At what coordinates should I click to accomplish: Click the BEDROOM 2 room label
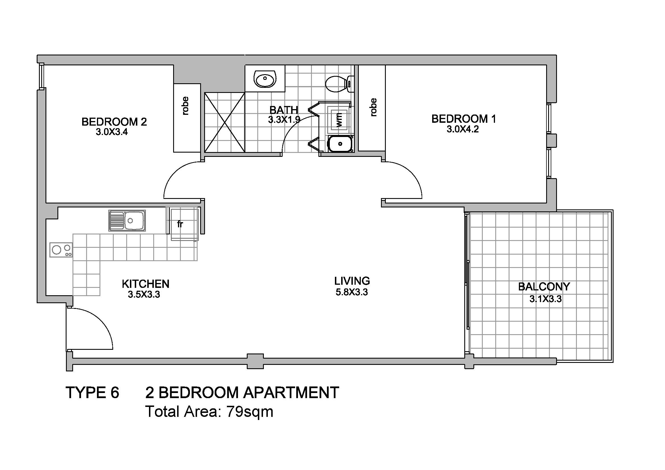pyautogui.click(x=114, y=122)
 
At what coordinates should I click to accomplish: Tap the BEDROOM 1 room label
pyautogui.click(x=464, y=119)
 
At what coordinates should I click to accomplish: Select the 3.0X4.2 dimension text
pyautogui.click(x=463, y=129)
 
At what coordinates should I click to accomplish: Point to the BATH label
pyautogui.click(x=283, y=110)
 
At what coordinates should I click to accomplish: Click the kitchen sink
pyautogui.click(x=127, y=221)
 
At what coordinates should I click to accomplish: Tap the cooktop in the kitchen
pyautogui.click(x=61, y=250)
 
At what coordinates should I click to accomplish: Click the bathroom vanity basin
pyautogui.click(x=265, y=78)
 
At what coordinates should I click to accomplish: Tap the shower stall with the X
pyautogui.click(x=225, y=122)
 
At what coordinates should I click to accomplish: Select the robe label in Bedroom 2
pyautogui.click(x=185, y=106)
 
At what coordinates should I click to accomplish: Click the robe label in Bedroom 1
pyautogui.click(x=374, y=107)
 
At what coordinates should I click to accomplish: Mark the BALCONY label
pyautogui.click(x=544, y=287)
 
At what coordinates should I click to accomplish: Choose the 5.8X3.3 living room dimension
pyautogui.click(x=352, y=292)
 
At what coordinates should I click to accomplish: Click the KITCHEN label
pyautogui.click(x=145, y=284)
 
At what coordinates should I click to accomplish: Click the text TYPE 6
pyautogui.click(x=92, y=393)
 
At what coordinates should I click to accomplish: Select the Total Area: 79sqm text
pyautogui.click(x=209, y=411)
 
